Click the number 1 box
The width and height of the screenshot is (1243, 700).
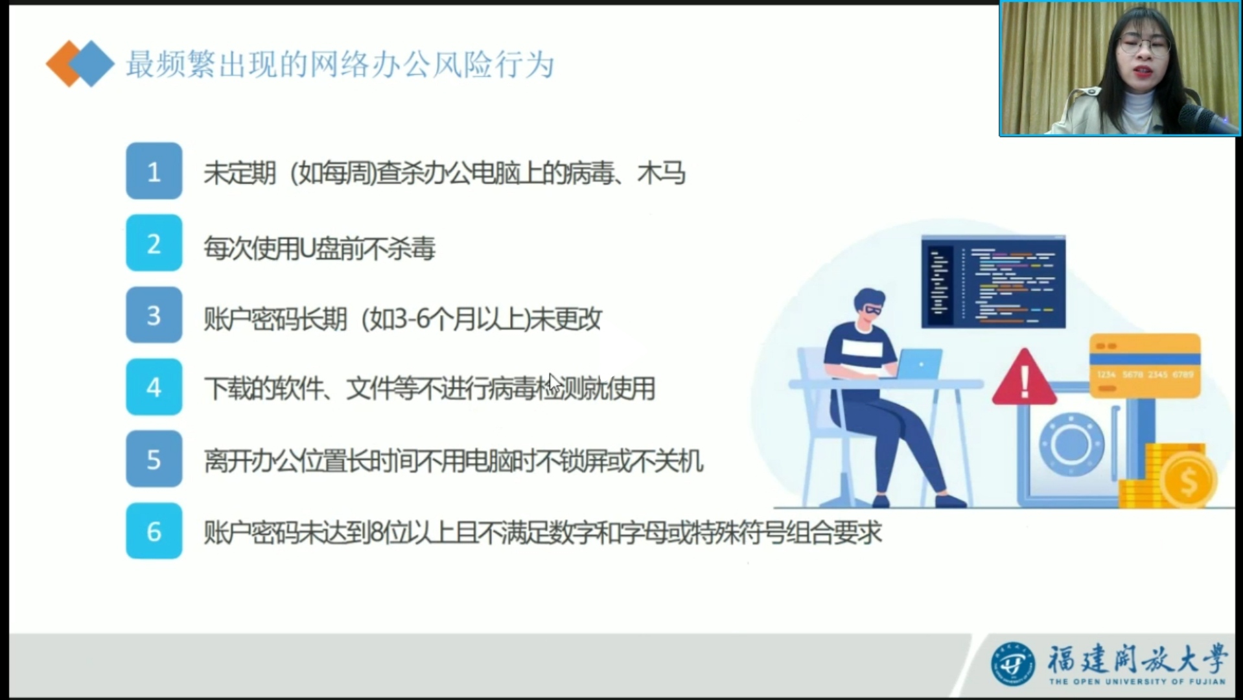tap(154, 171)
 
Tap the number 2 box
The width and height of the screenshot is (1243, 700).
tap(154, 243)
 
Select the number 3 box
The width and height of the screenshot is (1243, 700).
tap(154, 315)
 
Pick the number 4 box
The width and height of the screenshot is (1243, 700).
tap(154, 387)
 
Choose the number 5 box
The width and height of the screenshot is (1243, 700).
tap(154, 459)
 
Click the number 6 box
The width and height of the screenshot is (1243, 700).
tap(154, 531)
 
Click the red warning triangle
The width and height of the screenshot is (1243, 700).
tap(1025, 379)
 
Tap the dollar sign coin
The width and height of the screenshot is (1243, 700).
tap(1189, 480)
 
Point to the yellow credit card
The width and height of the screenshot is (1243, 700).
tap(1144, 366)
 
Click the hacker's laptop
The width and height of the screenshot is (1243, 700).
tap(919, 364)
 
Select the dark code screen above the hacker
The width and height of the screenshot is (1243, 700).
tap(993, 282)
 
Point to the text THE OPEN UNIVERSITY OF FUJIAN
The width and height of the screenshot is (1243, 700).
tap(1137, 681)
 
